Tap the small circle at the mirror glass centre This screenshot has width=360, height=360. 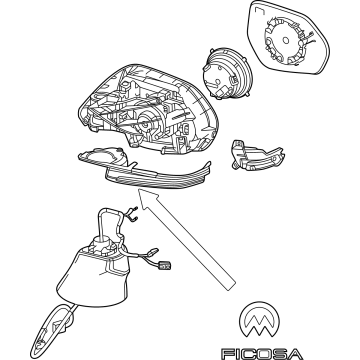coord(286,41)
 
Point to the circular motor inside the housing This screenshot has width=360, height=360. coord(147,122)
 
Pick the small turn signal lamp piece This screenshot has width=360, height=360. coord(257,155)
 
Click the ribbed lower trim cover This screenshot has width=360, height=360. coord(158,177)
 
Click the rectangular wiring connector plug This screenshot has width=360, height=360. coord(165,265)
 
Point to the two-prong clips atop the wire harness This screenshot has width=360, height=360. coord(133,213)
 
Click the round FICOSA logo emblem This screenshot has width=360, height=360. coord(259,319)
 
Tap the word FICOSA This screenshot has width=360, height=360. coord(262,354)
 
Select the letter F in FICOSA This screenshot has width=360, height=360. coord(228,354)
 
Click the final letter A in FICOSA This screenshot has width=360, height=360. coord(295,354)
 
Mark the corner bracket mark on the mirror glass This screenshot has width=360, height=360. coord(258,12)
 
